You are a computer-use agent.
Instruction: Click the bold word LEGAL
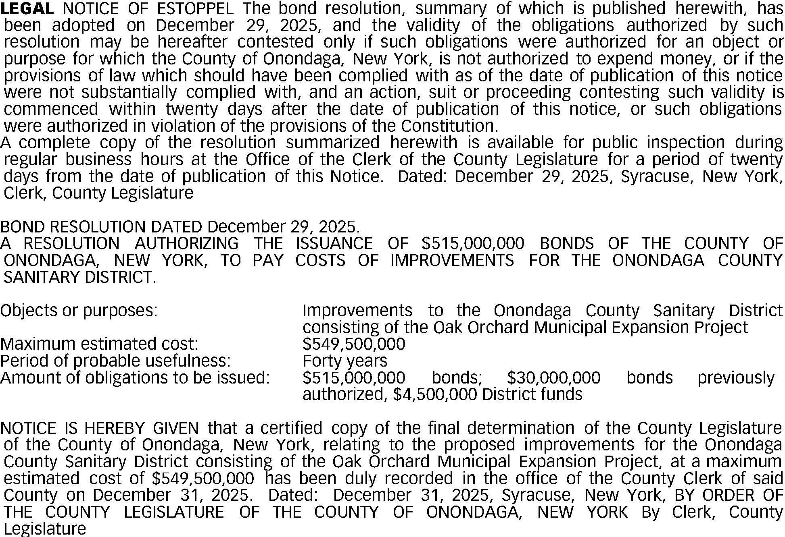pyautogui.click(x=27, y=8)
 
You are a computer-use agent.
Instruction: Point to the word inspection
pyautogui.click(x=686, y=143)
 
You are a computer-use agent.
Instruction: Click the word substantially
pyautogui.click(x=129, y=92)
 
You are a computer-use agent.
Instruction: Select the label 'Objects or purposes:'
pyautogui.click(x=79, y=311)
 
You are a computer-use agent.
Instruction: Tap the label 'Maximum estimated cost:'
pyautogui.click(x=99, y=344)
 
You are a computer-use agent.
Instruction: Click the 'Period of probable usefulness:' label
pyautogui.click(x=115, y=361)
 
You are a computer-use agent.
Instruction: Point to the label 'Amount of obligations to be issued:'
pyautogui.click(x=135, y=378)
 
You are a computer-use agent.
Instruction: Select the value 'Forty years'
pyautogui.click(x=345, y=361)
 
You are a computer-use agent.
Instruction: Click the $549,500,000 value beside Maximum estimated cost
pyautogui.click(x=354, y=344)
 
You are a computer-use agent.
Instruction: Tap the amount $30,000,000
pyautogui.click(x=553, y=378)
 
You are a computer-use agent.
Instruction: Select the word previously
pyautogui.click(x=736, y=378)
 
